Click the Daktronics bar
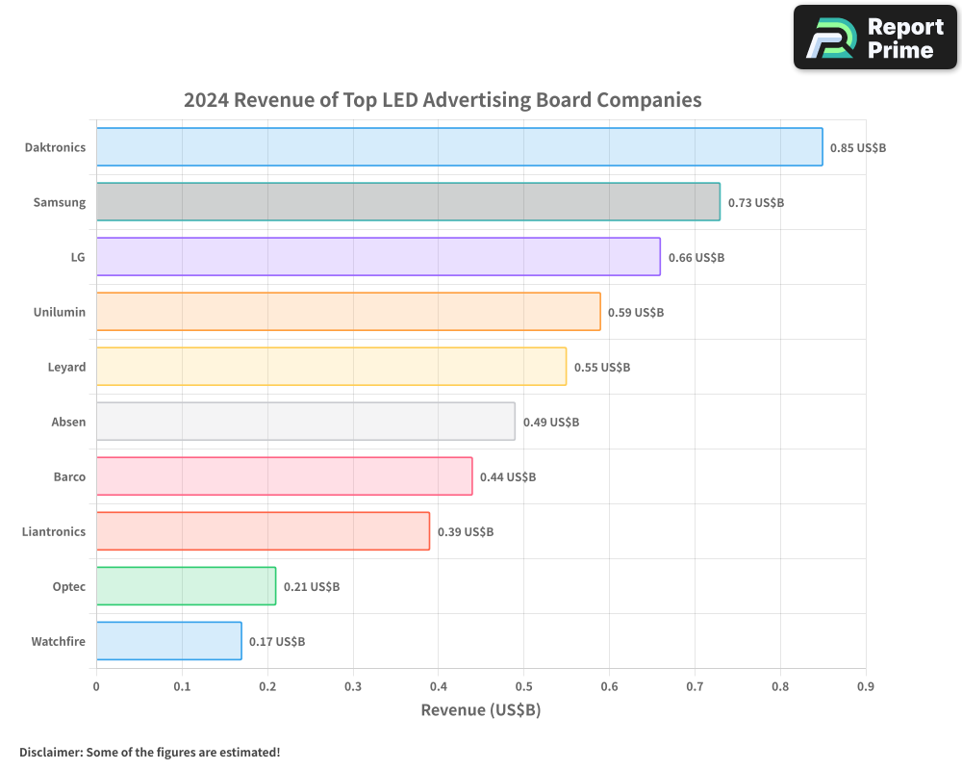tap(459, 147)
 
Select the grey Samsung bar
tap(408, 202)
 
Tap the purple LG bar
tap(378, 257)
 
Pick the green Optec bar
tap(186, 586)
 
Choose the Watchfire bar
tap(168, 641)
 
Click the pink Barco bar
tap(284, 476)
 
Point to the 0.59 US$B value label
tap(636, 313)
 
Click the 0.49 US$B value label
tap(551, 423)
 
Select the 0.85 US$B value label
tap(858, 148)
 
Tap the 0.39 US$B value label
tap(466, 532)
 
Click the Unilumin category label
tap(60, 312)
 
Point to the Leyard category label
tap(66, 367)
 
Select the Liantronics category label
tap(54, 531)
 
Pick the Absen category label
tap(68, 422)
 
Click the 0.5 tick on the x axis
tap(523, 686)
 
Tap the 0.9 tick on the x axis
tap(866, 686)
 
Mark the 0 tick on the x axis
tap(96, 686)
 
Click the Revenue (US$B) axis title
tap(481, 710)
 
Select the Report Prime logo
tap(875, 38)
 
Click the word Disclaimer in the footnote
tap(50, 752)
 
